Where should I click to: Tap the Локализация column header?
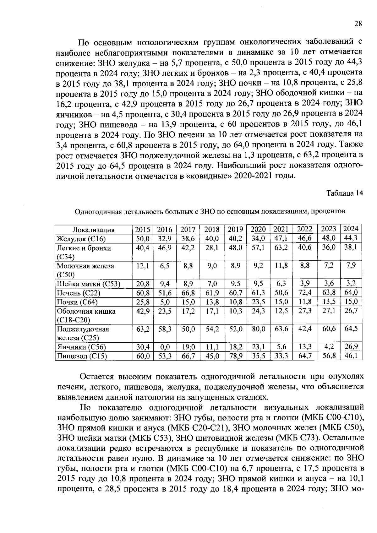(x=94, y=230)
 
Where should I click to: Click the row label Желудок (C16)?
(x=81, y=239)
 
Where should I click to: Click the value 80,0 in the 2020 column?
(x=258, y=329)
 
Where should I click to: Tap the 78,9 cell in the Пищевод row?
(x=235, y=356)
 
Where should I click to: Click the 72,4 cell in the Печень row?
(x=305, y=293)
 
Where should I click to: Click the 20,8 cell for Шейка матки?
(x=143, y=284)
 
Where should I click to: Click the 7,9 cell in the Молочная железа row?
(x=351, y=265)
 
